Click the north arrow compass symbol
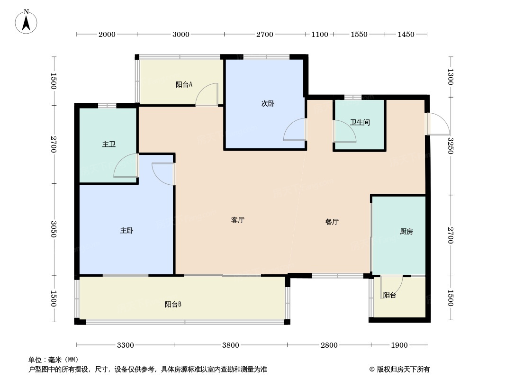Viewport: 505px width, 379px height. point(26,22)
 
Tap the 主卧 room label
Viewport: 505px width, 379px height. point(126,231)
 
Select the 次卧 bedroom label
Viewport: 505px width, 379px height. point(268,104)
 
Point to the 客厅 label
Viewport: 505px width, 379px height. point(238,220)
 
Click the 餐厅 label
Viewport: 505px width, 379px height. point(332,222)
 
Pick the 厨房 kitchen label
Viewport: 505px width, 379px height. point(406,232)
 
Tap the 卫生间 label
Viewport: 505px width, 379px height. point(360,122)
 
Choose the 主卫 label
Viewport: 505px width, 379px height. point(109,144)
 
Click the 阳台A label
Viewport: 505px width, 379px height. point(184,85)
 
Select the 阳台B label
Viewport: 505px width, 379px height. point(173,304)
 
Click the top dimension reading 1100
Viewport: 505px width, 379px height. point(319,34)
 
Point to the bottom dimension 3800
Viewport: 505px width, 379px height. point(231,345)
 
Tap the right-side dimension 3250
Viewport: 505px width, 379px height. point(451,146)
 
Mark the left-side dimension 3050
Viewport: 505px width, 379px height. point(54,229)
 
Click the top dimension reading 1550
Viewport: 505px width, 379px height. point(359,34)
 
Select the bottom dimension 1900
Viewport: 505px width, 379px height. point(399,345)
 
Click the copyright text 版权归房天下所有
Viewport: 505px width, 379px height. point(403,370)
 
